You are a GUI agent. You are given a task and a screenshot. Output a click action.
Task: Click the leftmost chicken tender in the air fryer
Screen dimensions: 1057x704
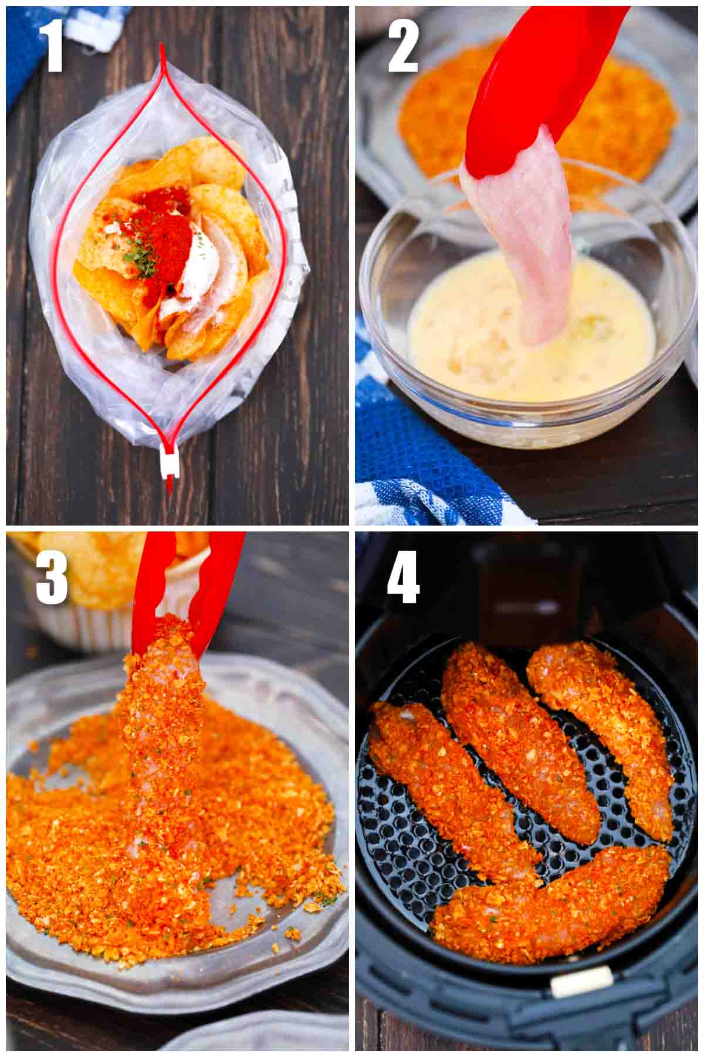click(446, 787)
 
